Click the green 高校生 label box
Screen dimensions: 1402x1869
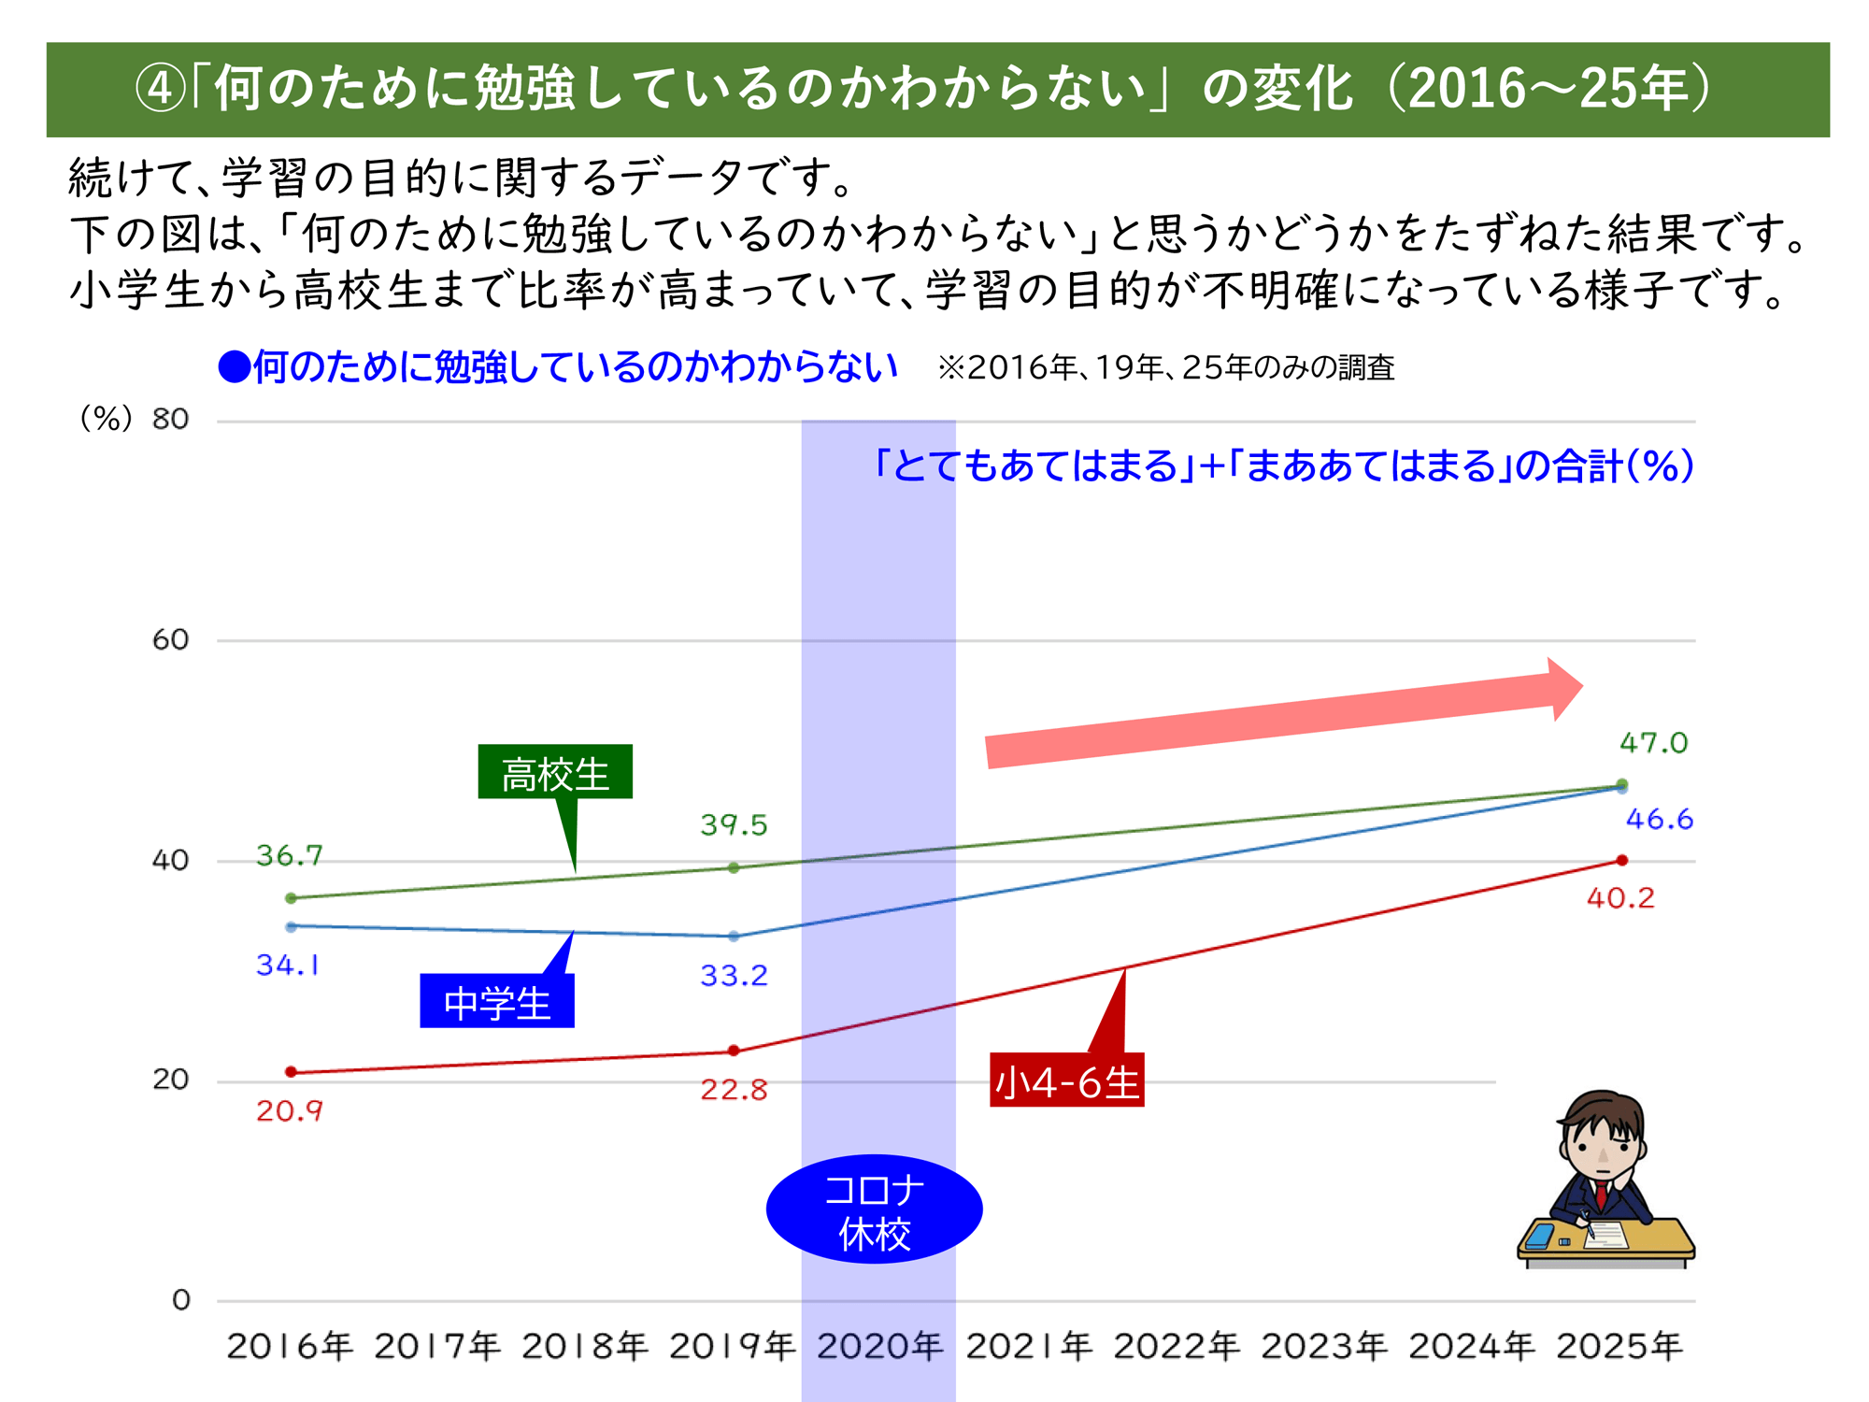click(x=555, y=772)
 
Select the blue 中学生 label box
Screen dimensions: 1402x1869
click(x=497, y=1001)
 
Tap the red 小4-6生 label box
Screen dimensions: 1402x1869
click(x=1066, y=1080)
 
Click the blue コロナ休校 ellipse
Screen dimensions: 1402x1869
click(x=874, y=1209)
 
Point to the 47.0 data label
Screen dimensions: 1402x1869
click(x=1653, y=743)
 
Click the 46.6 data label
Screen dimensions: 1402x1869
click(x=1659, y=820)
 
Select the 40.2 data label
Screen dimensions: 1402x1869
click(x=1620, y=898)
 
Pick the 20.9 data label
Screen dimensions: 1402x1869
click(x=290, y=1110)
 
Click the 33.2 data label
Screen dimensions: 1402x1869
click(x=734, y=976)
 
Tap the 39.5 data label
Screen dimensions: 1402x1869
click(x=734, y=825)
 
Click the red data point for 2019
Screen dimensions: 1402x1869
click(x=734, y=1051)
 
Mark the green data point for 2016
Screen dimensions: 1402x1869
click(x=291, y=898)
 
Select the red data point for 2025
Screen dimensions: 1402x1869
click(x=1622, y=860)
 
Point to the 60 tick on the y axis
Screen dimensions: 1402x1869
click(x=170, y=640)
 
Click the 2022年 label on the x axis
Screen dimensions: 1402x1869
click(x=1176, y=1346)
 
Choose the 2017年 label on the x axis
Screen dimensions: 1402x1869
click(x=437, y=1346)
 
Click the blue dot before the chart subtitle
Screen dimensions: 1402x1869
click(x=234, y=367)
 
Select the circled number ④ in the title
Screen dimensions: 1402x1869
click(x=161, y=90)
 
